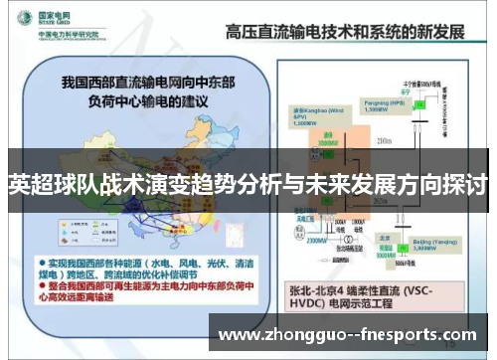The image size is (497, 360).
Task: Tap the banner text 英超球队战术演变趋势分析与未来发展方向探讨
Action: [x=248, y=184]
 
